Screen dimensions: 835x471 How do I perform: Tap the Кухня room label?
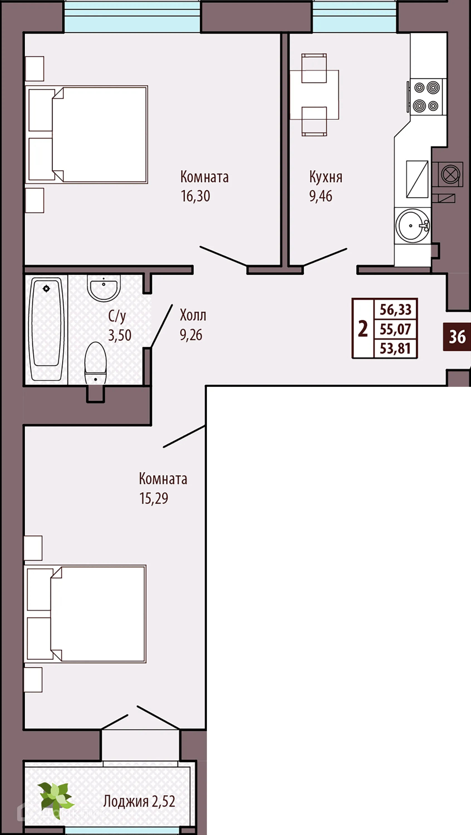(325, 177)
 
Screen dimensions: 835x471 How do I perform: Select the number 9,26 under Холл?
(191, 335)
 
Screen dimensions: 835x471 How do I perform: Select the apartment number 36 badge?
(457, 337)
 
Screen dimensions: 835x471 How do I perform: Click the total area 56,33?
(396, 310)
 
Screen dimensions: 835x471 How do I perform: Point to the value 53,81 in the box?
(396, 349)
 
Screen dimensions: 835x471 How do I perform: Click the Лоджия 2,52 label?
(139, 801)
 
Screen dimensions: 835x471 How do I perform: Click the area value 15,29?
(154, 498)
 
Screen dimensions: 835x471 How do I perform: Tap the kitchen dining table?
(314, 95)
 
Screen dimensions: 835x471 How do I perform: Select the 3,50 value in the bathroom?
(120, 335)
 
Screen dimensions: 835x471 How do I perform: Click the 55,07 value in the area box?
(396, 329)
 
